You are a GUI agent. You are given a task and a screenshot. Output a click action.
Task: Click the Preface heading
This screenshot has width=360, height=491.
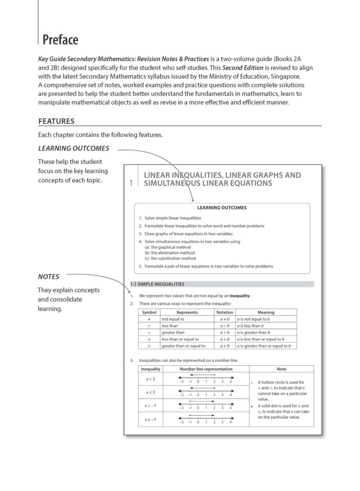pos(60,40)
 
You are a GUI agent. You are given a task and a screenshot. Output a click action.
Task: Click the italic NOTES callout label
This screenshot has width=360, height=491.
pos(48,277)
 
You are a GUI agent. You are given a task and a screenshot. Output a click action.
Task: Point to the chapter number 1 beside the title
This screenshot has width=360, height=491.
pos(131,183)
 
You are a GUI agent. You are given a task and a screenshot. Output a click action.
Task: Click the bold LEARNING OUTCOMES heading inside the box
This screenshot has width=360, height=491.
pos(221,208)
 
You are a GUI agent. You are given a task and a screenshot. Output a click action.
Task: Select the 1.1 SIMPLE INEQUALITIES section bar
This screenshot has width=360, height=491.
pos(157,284)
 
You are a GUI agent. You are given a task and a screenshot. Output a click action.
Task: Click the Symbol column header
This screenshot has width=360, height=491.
pos(149,312)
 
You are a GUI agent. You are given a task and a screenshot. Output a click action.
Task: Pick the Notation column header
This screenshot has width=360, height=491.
pos(225,312)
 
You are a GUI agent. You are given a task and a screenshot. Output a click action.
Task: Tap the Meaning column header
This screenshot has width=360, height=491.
pos(266,312)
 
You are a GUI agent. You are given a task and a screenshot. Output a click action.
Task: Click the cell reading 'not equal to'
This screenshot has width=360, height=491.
pos(173,319)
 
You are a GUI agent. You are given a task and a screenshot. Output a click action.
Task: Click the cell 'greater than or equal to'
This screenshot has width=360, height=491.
pos(183,346)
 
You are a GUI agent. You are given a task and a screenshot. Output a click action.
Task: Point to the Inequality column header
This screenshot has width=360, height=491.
pos(151,369)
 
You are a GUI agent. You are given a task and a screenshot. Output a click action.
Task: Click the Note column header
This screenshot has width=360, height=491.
pos(281,369)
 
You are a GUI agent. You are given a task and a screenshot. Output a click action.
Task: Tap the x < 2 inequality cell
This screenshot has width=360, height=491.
pos(151,379)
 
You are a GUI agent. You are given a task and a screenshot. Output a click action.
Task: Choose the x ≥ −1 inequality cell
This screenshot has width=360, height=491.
pos(151,420)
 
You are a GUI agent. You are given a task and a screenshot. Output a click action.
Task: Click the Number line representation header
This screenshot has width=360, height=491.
pos(206,369)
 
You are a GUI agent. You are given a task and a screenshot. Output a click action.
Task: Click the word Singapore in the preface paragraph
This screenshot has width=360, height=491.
pos(296,76)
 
